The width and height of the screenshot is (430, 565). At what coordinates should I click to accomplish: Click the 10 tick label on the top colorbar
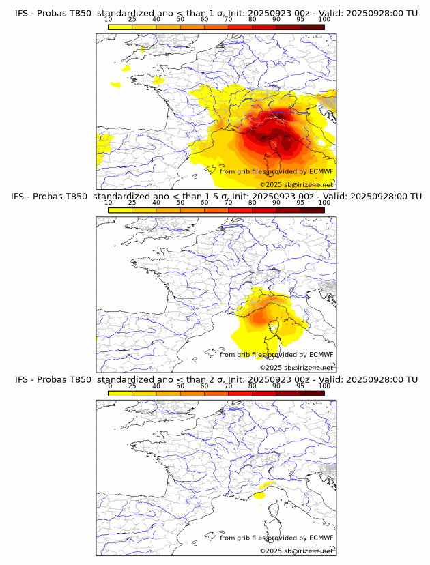[x=109, y=19]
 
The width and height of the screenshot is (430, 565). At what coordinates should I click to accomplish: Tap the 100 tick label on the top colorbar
[x=324, y=19]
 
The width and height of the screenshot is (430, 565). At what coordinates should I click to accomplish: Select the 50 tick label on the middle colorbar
[x=180, y=202]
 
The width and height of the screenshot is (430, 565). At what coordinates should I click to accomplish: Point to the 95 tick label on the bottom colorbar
[x=300, y=386]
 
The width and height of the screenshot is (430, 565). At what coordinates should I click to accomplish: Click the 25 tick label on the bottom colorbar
[x=132, y=386]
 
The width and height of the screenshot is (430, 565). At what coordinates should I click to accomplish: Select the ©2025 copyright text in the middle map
[x=271, y=368]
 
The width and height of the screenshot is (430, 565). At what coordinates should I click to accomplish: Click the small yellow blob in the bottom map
[x=259, y=497]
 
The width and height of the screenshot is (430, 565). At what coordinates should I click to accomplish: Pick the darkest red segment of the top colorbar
[x=312, y=27]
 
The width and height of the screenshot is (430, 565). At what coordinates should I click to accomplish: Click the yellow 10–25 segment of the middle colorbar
[x=120, y=210]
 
